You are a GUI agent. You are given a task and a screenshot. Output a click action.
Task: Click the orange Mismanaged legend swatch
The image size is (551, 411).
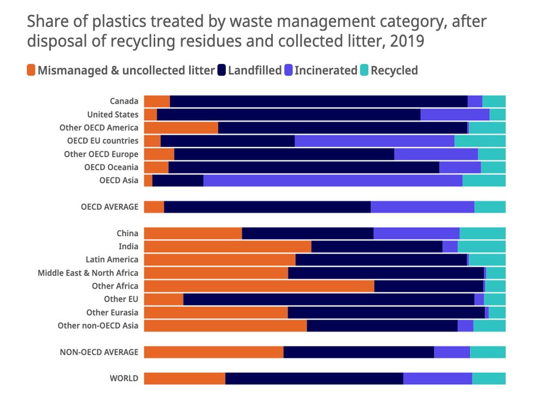31,71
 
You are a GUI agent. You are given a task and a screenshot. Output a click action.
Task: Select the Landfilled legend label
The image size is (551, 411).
255,71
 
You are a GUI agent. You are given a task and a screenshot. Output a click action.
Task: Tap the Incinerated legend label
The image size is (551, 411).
326,71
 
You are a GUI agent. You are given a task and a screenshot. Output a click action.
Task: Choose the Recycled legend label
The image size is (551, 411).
394,71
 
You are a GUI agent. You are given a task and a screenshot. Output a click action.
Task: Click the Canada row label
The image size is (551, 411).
124,101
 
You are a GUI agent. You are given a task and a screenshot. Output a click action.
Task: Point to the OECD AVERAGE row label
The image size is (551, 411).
109,207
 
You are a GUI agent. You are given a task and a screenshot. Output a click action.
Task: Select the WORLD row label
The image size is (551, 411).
124,378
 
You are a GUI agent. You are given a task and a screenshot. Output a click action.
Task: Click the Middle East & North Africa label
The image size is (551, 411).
88,273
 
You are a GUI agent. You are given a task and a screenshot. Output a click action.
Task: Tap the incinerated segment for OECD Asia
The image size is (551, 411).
332,180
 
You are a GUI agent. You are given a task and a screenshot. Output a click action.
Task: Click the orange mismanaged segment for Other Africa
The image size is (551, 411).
259,286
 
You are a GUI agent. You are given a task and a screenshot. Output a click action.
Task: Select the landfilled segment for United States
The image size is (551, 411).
289,114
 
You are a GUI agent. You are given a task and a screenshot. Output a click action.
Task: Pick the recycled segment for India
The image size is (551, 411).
481,246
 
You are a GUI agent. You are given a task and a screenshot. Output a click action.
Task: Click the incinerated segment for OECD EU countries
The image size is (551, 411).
374,140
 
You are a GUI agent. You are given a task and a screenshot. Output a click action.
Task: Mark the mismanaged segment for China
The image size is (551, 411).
193,233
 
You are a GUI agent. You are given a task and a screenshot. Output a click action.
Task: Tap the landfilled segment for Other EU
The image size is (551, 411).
329,299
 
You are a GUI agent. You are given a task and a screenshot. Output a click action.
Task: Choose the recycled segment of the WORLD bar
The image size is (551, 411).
489,378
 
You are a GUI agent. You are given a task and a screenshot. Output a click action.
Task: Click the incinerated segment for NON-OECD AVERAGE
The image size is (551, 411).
452,352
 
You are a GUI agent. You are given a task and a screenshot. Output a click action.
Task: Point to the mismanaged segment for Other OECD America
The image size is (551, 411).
181,127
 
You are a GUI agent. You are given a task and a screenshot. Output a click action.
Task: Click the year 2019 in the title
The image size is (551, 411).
407,41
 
